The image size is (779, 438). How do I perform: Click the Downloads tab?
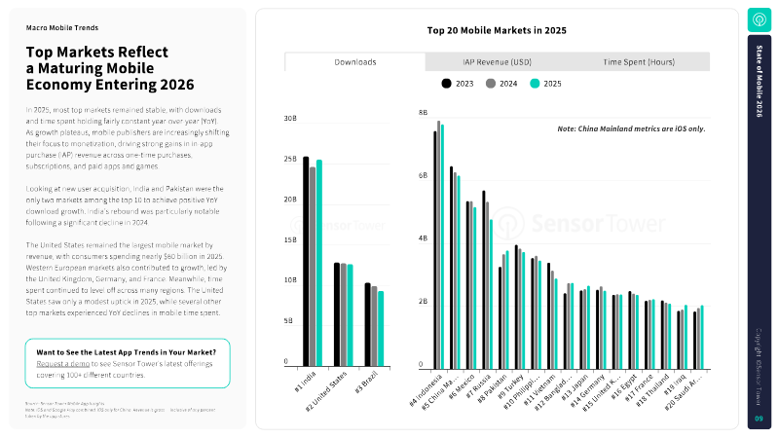coord(355,61)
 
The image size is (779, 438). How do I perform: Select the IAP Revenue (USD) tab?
coord(498,61)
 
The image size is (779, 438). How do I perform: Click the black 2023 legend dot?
coord(447,84)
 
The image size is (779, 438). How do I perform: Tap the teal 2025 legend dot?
coord(535,84)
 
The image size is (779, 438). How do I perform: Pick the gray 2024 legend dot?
coord(491,84)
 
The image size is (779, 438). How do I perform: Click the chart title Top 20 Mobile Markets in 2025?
coord(497,30)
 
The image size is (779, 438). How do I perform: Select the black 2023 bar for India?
coord(306,261)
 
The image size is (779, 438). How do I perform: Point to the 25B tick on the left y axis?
coord(290,159)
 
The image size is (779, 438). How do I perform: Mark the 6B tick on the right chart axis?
coord(423,175)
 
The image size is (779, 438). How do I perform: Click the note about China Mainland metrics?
coord(631,128)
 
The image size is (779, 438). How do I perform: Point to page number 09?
coord(759,419)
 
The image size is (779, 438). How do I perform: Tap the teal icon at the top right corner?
coord(759,19)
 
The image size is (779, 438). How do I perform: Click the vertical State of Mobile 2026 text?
coord(759,85)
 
